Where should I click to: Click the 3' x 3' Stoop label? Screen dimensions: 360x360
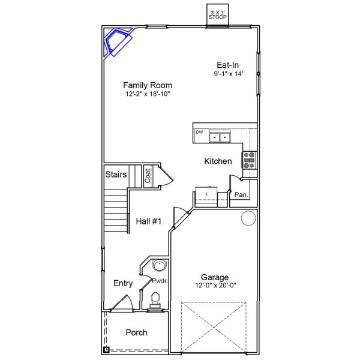(x=217, y=14)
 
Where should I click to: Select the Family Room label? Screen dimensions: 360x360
(x=143, y=85)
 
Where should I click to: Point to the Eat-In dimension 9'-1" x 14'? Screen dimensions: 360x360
(x=237, y=74)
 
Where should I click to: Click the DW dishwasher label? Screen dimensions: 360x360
(x=199, y=131)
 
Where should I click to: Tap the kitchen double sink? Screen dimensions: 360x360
(x=220, y=138)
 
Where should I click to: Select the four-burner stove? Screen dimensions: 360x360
(x=249, y=160)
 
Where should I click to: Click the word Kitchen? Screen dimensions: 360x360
(x=218, y=161)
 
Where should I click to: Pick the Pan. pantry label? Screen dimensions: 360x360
(x=241, y=195)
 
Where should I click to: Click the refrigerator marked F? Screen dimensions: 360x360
(x=206, y=196)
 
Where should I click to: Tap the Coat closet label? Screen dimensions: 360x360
(x=148, y=175)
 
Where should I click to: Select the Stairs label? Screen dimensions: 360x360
(x=116, y=175)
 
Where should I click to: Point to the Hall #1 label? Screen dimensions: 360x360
(x=149, y=221)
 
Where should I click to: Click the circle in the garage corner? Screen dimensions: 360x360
(x=248, y=218)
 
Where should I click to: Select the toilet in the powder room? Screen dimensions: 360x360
(x=156, y=299)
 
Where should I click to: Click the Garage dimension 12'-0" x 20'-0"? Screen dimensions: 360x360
(x=214, y=286)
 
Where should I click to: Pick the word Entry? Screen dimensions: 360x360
(x=123, y=284)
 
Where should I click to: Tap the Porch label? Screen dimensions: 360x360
(x=136, y=332)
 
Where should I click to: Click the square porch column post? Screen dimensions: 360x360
(x=106, y=349)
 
